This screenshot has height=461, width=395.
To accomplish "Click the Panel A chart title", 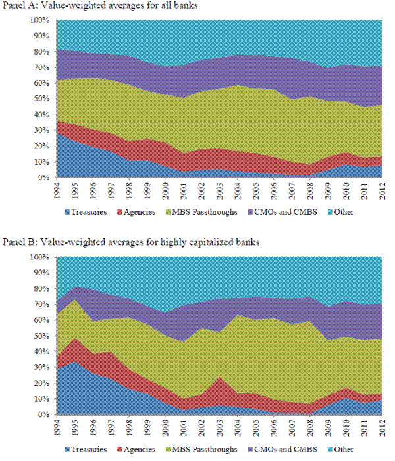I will [x=101, y=6].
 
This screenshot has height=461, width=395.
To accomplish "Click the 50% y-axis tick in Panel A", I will [x=41, y=99].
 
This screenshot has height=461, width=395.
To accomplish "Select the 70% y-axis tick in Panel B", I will [x=41, y=304].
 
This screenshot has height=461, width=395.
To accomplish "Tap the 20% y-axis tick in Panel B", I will [x=41, y=383].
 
